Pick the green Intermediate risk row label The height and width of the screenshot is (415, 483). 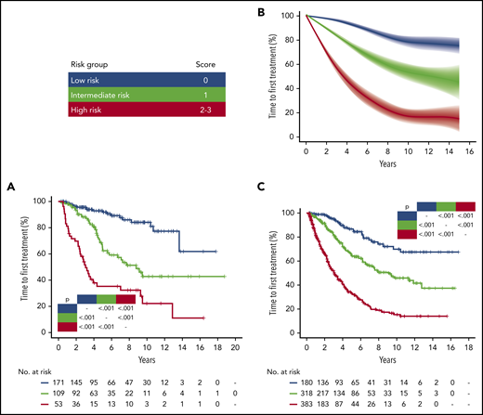[104, 96]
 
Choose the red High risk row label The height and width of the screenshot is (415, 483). [91, 111]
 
